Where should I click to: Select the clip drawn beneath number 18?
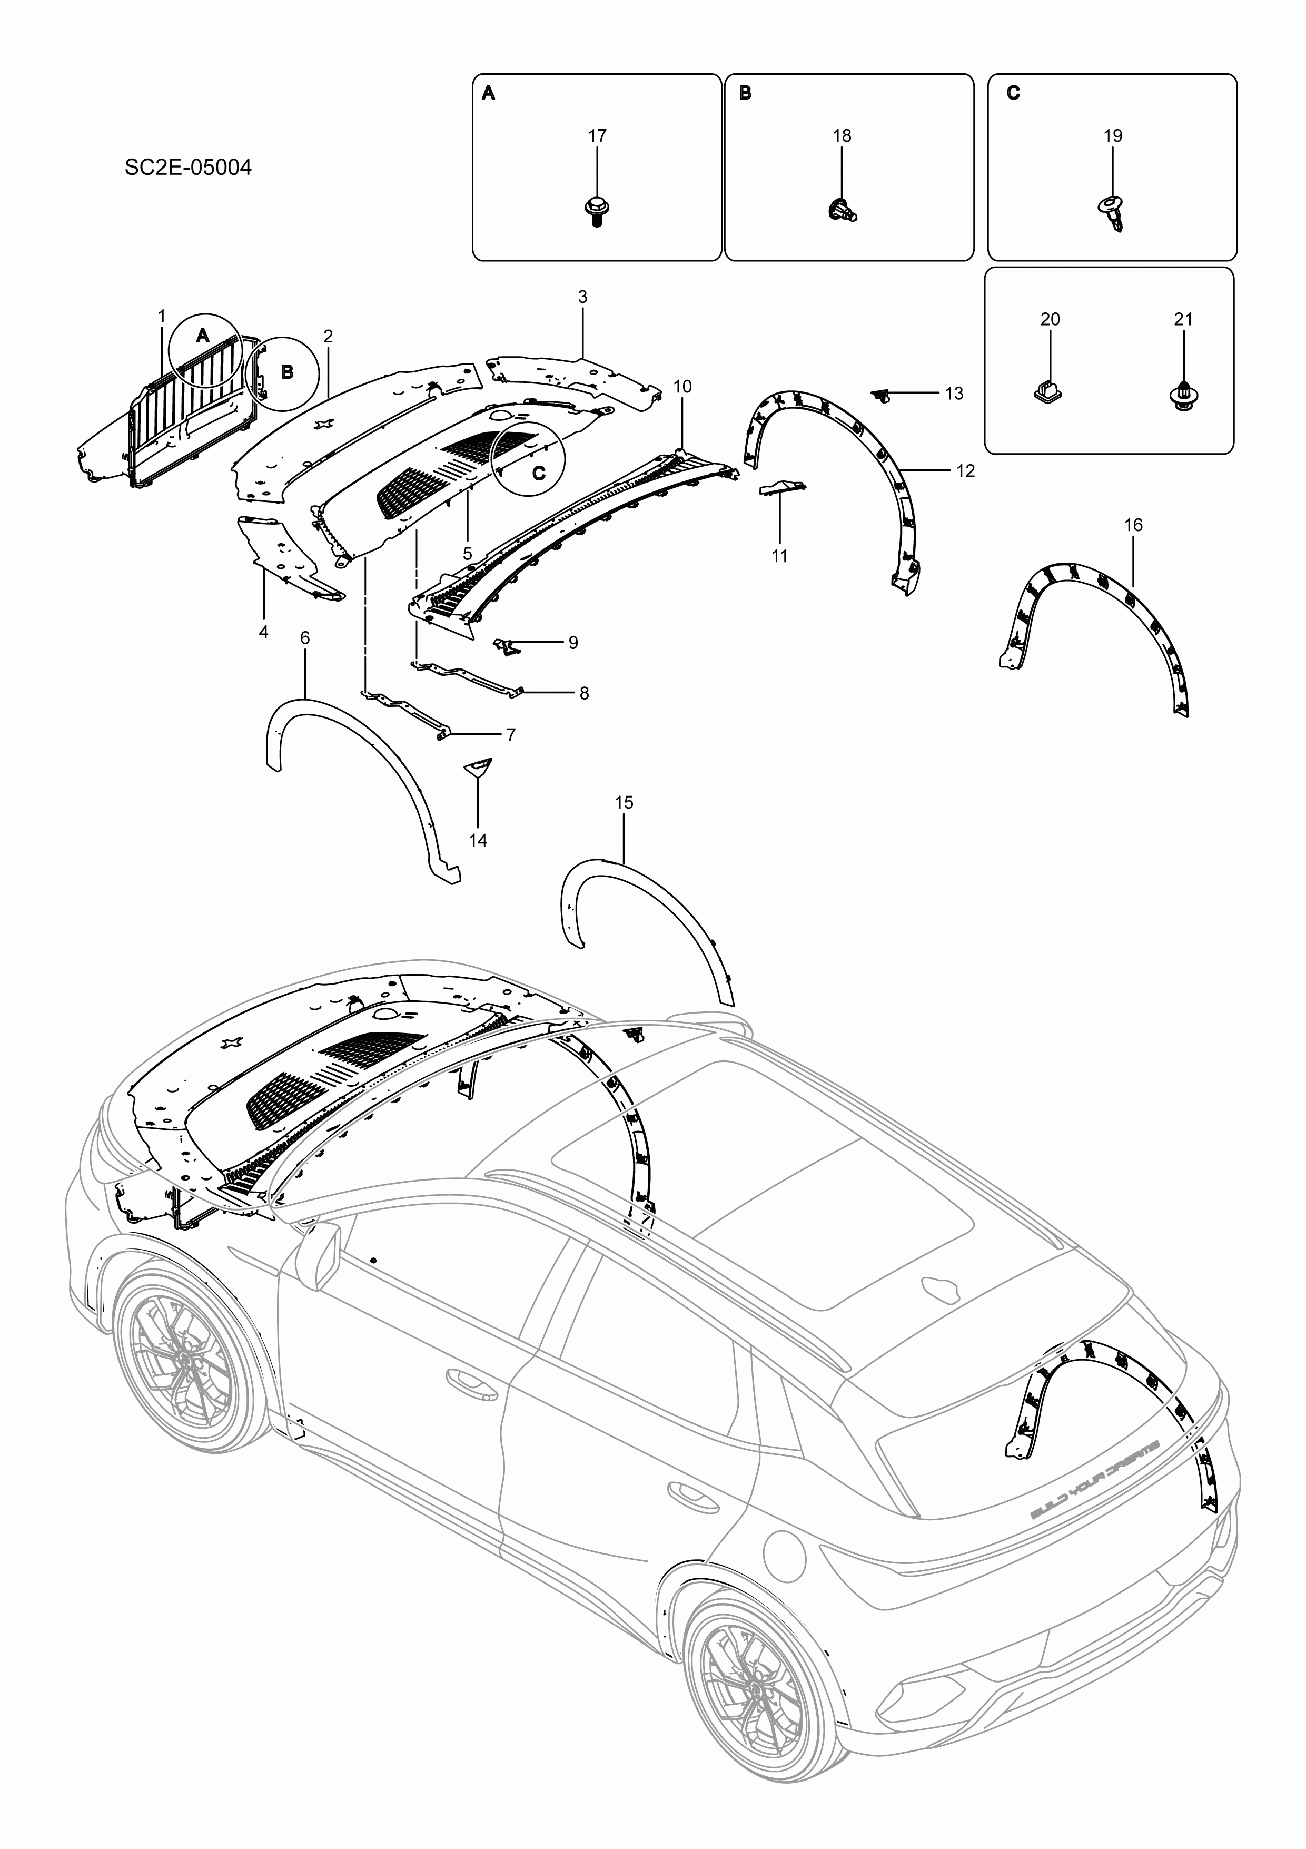[842, 210]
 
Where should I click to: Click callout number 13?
[954, 394]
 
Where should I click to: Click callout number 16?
[1132, 525]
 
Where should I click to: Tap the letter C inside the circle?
[539, 473]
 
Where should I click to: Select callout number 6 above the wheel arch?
[304, 638]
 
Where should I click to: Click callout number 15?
[624, 802]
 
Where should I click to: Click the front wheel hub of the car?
[187, 1360]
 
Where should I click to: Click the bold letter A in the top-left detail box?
[488, 94]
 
